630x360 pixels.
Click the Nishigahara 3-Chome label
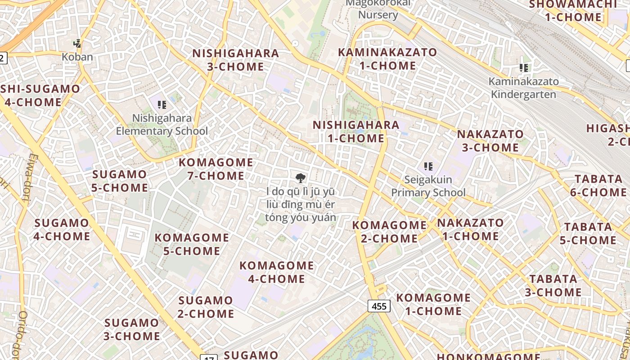(235, 60)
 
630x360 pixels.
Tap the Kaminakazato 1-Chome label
(387, 59)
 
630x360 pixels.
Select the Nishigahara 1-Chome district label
(356, 131)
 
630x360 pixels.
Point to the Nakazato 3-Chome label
(490, 140)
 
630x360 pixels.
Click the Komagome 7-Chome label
(216, 169)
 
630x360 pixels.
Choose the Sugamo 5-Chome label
(120, 181)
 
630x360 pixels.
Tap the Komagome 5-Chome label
(192, 244)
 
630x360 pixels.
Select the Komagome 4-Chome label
(276, 272)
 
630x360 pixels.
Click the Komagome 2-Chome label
(389, 231)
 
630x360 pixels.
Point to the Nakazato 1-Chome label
(470, 229)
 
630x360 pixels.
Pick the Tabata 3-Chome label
(553, 285)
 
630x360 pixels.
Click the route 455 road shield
(379, 306)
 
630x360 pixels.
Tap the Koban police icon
(77, 44)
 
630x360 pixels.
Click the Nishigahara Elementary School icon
(162, 105)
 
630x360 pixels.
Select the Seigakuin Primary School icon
(428, 166)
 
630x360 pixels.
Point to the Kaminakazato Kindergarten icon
(523, 68)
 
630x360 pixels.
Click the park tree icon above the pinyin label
(300, 177)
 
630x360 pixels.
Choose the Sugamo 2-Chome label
(206, 306)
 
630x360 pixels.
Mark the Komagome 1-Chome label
(433, 304)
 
